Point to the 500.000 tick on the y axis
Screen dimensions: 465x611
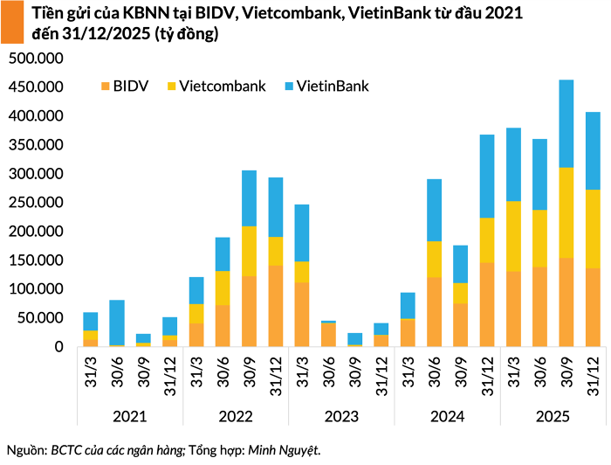point(36,58)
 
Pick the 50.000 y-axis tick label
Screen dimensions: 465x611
point(39,318)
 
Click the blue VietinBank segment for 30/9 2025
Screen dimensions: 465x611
point(566,123)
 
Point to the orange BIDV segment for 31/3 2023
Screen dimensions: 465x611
point(302,314)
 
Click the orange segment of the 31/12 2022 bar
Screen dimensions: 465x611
point(276,306)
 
